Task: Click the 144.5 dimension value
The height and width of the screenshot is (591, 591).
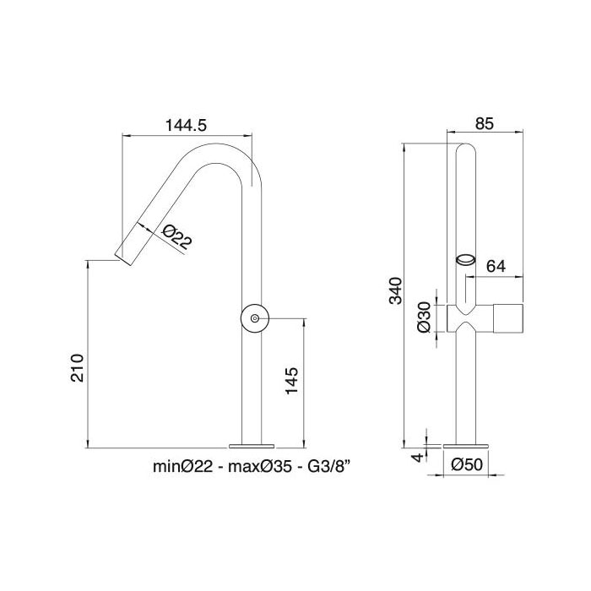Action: point(187,124)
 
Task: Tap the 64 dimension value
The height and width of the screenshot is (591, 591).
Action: point(496,266)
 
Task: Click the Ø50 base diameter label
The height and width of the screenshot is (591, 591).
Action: point(467,464)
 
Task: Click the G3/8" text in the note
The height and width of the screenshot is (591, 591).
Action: point(324,465)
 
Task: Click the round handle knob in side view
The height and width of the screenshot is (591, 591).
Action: point(254,319)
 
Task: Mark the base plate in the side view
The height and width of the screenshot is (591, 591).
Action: point(253,443)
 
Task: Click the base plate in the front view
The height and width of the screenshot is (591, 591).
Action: point(467,443)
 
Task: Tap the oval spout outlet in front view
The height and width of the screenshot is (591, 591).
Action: point(466,259)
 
